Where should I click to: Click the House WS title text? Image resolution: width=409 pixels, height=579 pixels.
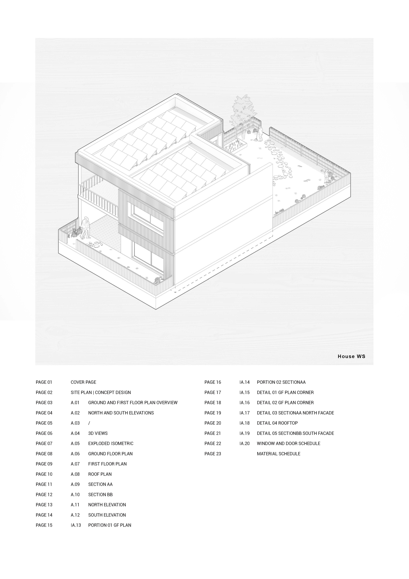[351, 356]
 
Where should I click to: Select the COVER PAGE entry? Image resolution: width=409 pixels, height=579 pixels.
[83, 382]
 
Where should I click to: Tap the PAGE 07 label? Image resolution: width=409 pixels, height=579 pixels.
[44, 443]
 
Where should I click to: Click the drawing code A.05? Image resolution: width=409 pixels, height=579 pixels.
[75, 443]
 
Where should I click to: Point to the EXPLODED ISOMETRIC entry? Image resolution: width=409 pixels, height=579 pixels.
[111, 443]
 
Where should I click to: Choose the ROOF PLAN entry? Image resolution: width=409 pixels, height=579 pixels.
[100, 474]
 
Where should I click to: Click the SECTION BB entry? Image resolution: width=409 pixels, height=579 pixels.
[100, 495]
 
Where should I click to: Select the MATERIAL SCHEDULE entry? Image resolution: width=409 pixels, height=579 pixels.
[279, 454]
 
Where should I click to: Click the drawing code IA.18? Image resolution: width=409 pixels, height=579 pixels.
[244, 423]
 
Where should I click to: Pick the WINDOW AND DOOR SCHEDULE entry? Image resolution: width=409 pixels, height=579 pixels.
[288, 443]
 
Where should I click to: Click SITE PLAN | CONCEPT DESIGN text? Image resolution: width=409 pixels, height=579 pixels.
[101, 392]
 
